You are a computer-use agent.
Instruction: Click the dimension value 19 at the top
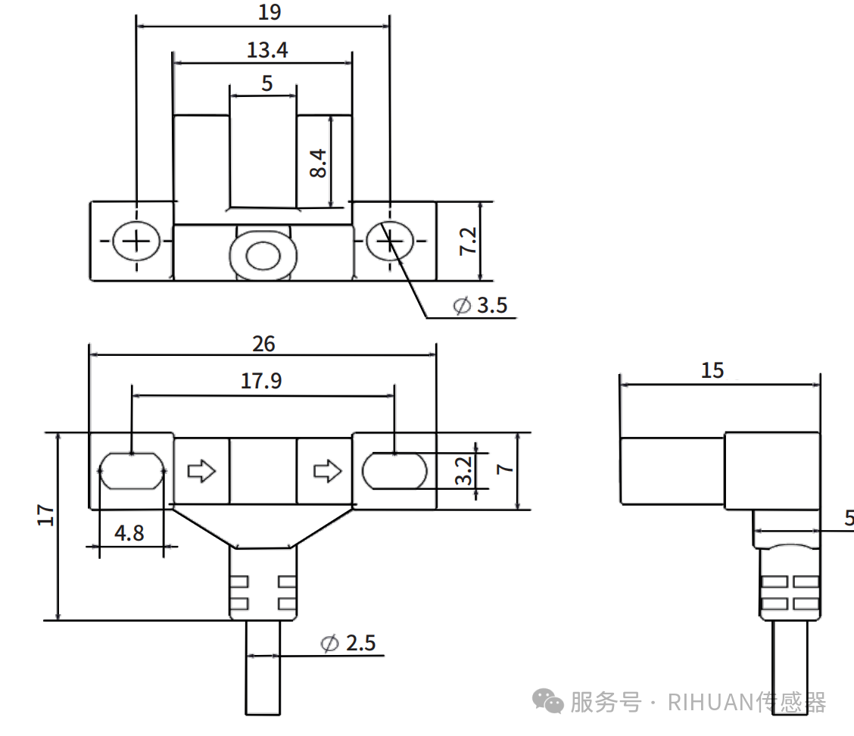270,12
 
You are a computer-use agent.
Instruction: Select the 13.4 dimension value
267,51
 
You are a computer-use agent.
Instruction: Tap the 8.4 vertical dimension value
318,163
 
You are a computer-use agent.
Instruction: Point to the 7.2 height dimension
468,241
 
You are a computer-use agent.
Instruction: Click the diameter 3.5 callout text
480,306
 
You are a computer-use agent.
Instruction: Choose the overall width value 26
263,344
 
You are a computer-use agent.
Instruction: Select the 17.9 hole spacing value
261,381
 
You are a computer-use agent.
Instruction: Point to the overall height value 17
47,515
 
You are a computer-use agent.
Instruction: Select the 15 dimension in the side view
712,370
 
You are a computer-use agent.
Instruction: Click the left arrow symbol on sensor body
201,471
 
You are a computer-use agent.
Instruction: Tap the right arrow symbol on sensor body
327,471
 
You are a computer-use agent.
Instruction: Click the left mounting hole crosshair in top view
136,242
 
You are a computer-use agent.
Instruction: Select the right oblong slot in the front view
394,471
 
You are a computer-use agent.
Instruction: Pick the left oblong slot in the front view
132,471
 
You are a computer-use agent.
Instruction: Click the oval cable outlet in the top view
263,255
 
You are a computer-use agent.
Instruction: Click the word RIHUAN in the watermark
710,703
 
